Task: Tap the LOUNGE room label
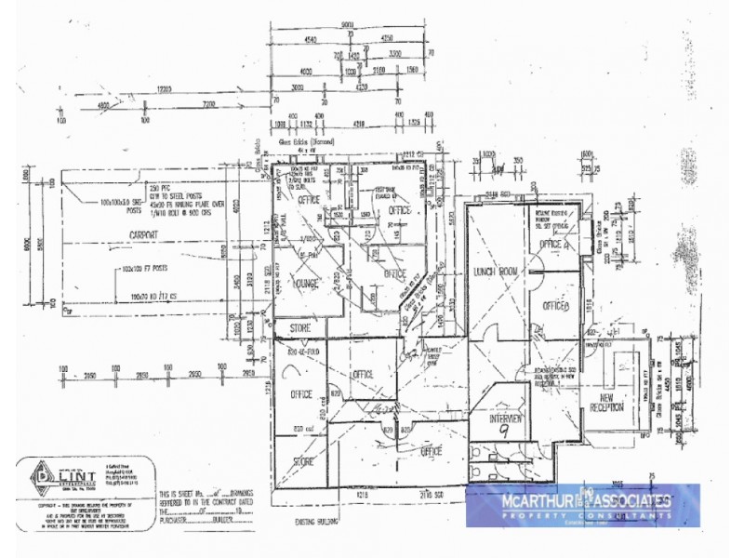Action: (x=304, y=283)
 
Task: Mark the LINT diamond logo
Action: (x=42, y=477)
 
